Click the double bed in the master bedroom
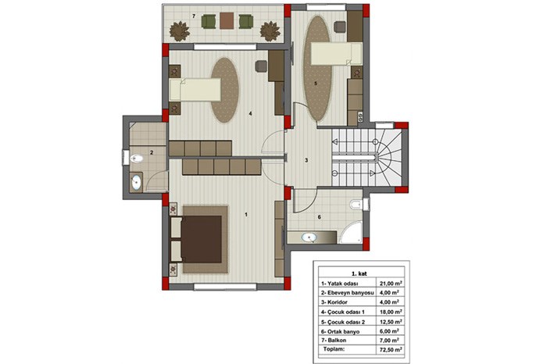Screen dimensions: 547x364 tap(196, 239)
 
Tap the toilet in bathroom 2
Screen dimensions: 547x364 tap(136, 159)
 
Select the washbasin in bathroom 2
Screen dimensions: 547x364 tap(136, 182)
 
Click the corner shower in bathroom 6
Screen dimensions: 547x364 tap(352, 232)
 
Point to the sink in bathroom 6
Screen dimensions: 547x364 tap(309, 237)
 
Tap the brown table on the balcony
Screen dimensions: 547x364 tap(227, 21)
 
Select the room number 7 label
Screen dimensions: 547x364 tap(194, 16)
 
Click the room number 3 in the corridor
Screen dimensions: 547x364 tap(306, 160)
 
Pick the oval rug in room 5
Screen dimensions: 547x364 tap(317, 68)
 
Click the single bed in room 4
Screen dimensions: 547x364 tap(195, 90)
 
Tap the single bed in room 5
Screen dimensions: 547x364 tap(336, 54)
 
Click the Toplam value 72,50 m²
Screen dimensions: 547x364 tap(391, 349)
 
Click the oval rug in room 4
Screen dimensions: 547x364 tap(225, 90)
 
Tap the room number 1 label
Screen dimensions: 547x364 tap(246, 215)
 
